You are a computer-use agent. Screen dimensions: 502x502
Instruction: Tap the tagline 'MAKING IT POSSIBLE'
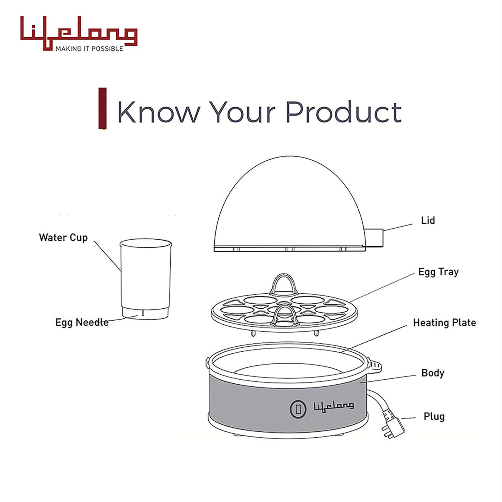coord(89,49)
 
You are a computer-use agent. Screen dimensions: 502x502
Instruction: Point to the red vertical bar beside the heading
coord(103,108)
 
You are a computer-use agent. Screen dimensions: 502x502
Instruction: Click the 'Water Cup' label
coord(63,238)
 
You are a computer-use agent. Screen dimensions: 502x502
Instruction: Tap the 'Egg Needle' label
coord(82,322)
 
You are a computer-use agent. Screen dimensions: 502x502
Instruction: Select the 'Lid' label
coord(428,220)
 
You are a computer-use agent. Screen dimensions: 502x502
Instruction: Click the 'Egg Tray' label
coord(438,272)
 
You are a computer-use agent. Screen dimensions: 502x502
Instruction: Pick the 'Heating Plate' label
coord(444,323)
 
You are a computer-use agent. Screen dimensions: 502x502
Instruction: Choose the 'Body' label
coord(433,373)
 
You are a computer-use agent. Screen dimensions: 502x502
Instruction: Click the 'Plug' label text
coord(434,417)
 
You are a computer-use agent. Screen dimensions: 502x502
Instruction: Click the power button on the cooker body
coord(298,409)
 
